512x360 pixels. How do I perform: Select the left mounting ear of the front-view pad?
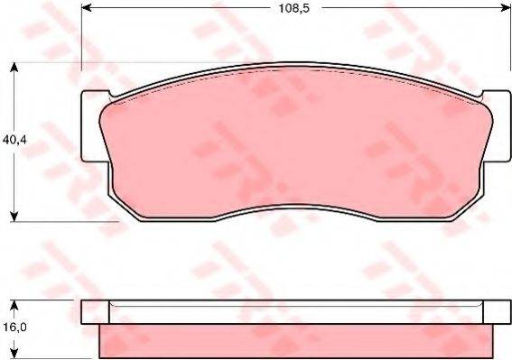tap(90, 126)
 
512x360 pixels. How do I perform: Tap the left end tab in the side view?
tap(89, 312)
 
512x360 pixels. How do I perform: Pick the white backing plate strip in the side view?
tap(293, 312)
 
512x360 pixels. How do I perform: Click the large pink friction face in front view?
tap(293, 144)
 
